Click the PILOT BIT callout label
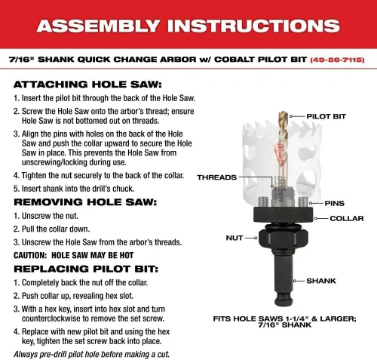coord(326,116)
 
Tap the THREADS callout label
coord(216,177)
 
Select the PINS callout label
coord(334,203)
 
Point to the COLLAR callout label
coord(347,218)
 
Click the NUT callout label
coord(234,238)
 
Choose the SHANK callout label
coord(321,281)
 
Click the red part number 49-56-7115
coord(337,60)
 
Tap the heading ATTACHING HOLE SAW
coord(87,85)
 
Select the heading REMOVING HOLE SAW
coord(85,202)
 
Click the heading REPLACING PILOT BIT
coord(86,269)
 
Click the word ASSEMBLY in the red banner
coord(99,26)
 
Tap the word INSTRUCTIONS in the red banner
coord(253,26)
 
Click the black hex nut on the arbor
coord(284,237)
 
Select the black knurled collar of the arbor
coord(284,214)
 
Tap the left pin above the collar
coord(263,202)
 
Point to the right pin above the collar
coord(303,202)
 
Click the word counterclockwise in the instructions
coord(51,318)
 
